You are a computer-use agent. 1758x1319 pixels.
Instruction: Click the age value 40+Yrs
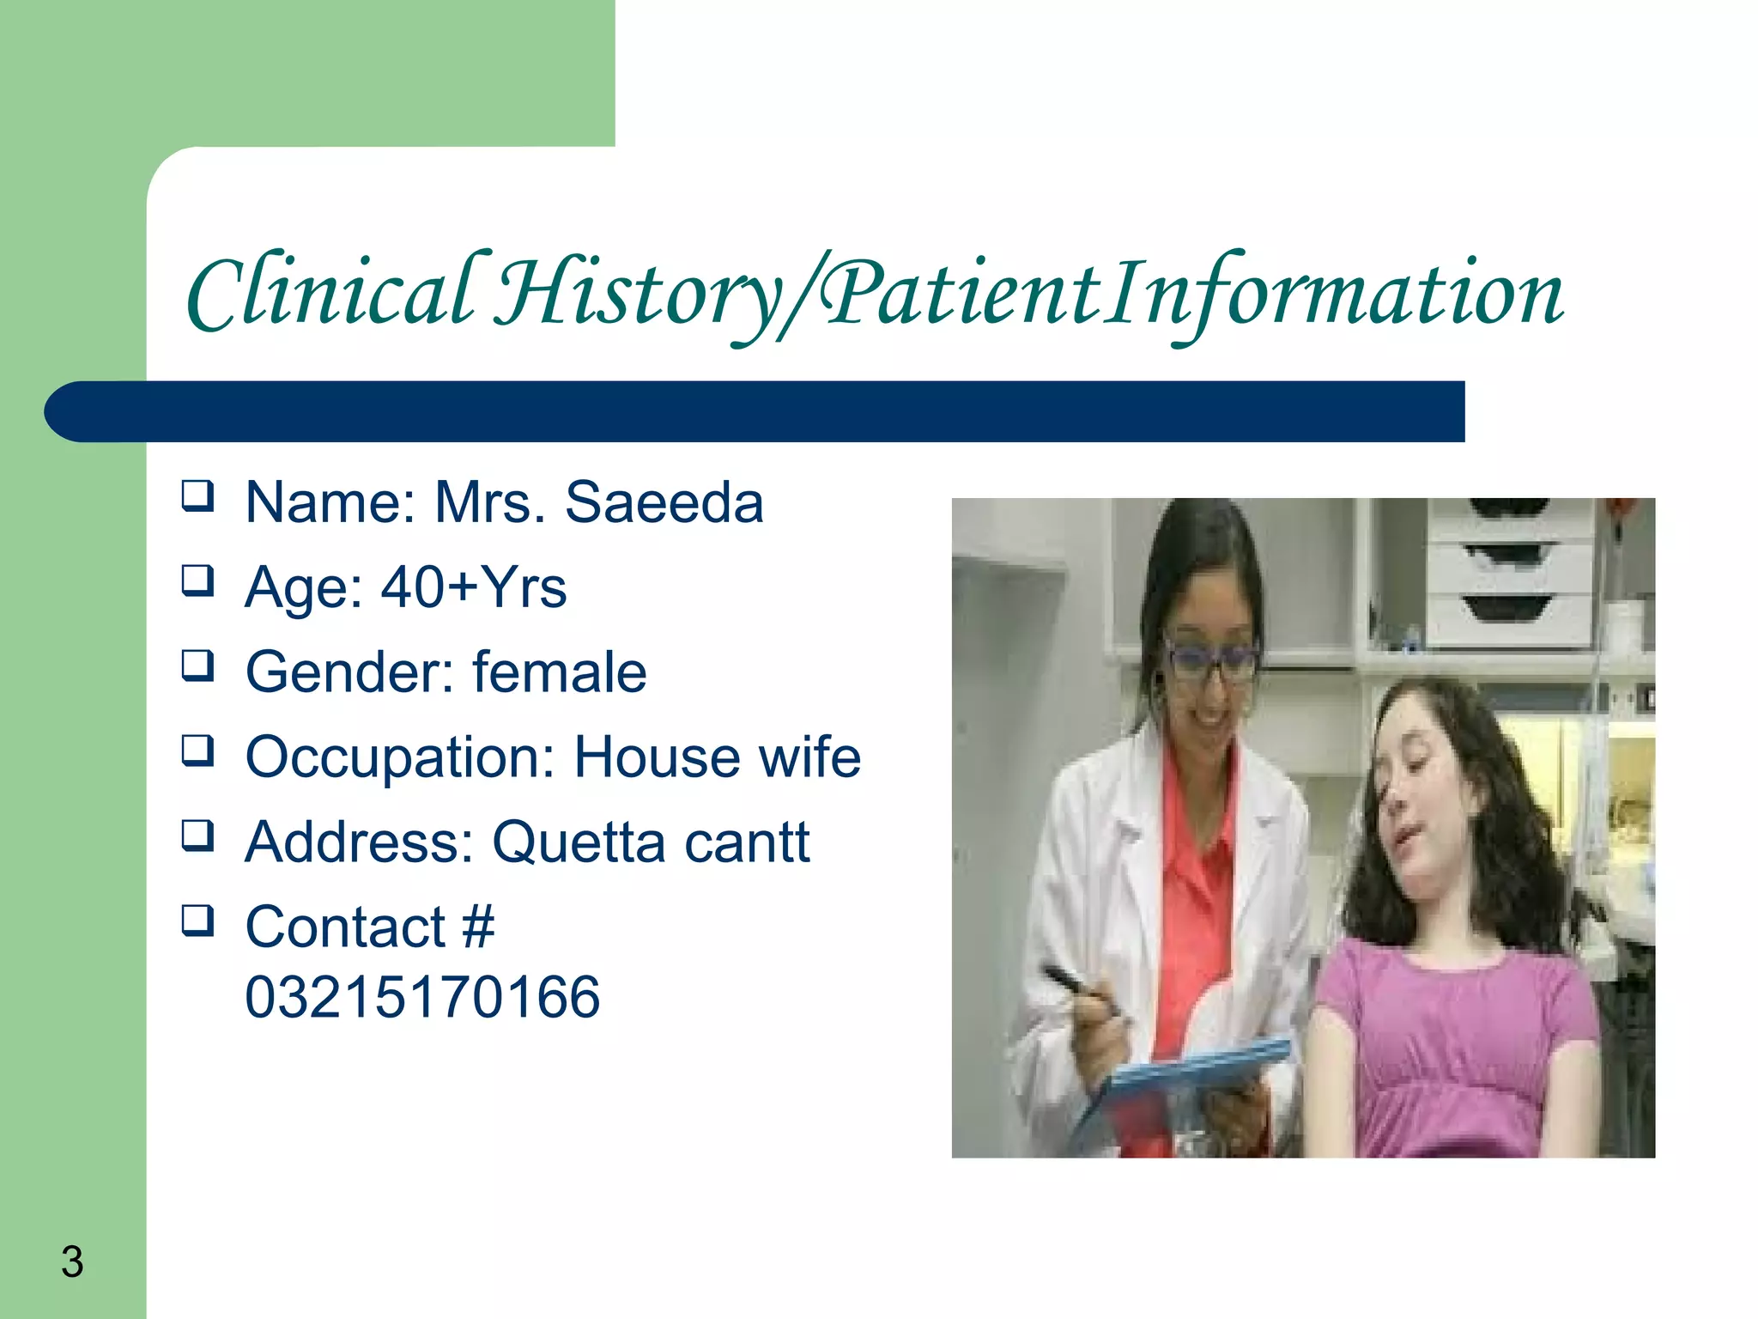(473, 587)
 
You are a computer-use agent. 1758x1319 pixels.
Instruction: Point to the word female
(559, 672)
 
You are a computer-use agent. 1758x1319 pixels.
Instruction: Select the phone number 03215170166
(422, 997)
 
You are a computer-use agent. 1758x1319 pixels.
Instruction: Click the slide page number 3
(72, 1261)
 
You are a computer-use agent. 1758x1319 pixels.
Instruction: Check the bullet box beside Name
(197, 495)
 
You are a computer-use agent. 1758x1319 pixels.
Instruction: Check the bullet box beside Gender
(197, 666)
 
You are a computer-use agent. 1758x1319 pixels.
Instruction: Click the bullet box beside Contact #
(197, 921)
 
